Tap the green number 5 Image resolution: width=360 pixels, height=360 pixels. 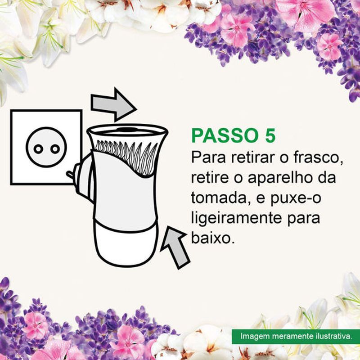coord(270,135)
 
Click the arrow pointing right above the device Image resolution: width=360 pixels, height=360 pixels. coord(113,105)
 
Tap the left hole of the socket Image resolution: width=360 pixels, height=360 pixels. coord(38,149)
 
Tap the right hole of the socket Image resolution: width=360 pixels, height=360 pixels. coord(55,149)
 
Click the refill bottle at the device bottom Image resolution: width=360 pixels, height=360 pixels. coord(126,243)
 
